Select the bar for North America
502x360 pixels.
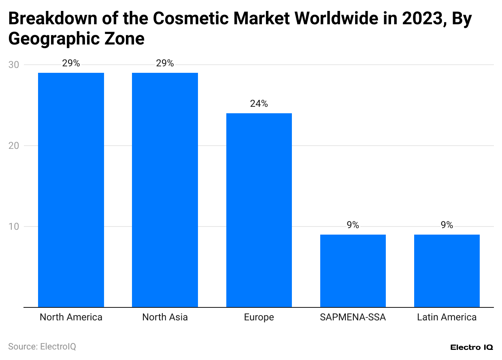(71, 190)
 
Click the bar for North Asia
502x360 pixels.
(165, 190)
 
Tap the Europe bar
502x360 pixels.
(259, 210)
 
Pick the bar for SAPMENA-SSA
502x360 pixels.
(353, 271)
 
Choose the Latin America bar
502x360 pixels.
(447, 271)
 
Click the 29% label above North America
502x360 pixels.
(71, 64)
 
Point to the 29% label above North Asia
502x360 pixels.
(165, 64)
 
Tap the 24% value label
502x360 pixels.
(259, 104)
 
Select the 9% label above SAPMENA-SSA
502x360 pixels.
(353, 225)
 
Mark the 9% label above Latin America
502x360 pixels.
(447, 225)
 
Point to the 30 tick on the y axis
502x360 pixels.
(13, 65)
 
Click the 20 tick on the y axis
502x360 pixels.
(13, 146)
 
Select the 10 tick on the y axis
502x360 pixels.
(13, 227)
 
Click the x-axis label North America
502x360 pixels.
(71, 317)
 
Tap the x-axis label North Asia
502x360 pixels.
(165, 317)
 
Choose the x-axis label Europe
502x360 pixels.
(259, 317)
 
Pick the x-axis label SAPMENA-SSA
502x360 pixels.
(353, 317)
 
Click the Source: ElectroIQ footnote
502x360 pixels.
(42, 347)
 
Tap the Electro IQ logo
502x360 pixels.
(471, 347)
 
